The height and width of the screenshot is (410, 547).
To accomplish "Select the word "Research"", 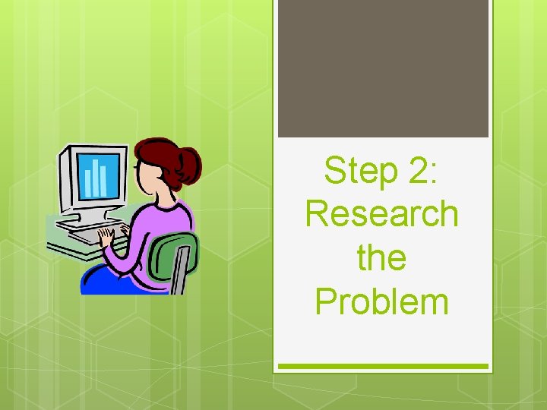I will point(382,214).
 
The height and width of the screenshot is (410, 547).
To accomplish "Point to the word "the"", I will point(382,257).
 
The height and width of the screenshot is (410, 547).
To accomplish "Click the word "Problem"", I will point(382,301).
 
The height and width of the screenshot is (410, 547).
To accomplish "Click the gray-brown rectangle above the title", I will point(383,68).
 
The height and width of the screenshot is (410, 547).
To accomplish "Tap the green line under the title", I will point(383,367).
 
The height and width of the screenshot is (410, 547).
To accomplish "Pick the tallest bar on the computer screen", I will point(96,175).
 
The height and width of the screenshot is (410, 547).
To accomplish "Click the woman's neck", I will point(152,198).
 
